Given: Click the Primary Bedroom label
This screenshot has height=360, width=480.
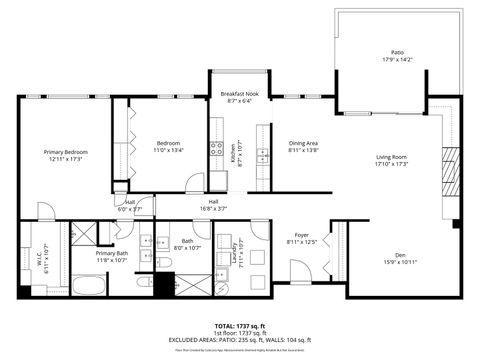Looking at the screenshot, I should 61,152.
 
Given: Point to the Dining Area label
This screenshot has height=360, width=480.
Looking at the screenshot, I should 303,143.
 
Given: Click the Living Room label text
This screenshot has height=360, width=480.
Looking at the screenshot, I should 391,157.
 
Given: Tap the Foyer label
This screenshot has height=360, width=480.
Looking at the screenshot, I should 301,234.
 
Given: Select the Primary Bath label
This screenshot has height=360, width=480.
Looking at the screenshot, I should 112,253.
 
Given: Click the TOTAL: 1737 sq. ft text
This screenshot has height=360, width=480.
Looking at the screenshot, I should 239,326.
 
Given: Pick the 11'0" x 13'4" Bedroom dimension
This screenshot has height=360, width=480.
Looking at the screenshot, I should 170,150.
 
